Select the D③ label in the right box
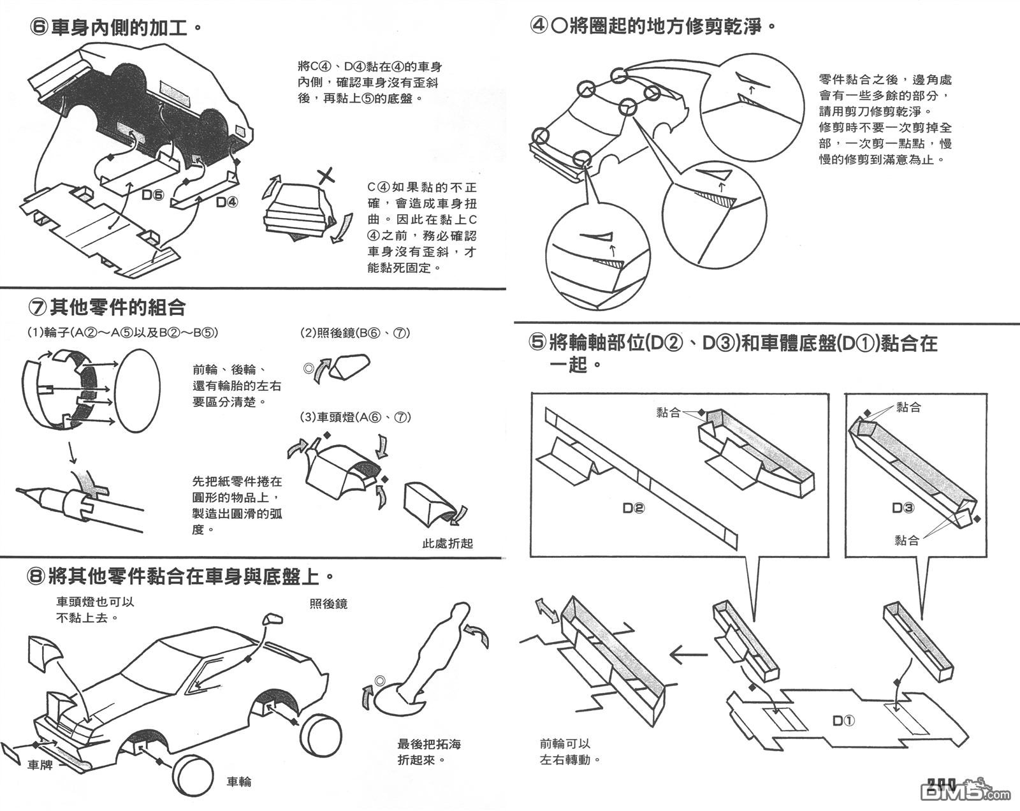tap(903, 508)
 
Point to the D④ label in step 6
tap(227, 202)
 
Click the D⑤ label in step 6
tap(152, 196)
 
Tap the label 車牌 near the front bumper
tap(40, 764)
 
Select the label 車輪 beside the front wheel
tap(239, 782)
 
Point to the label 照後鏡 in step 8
tap(328, 603)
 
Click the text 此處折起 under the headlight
tap(448, 543)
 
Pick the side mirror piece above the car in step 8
tap(273, 619)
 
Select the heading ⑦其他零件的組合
tap(106, 308)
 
